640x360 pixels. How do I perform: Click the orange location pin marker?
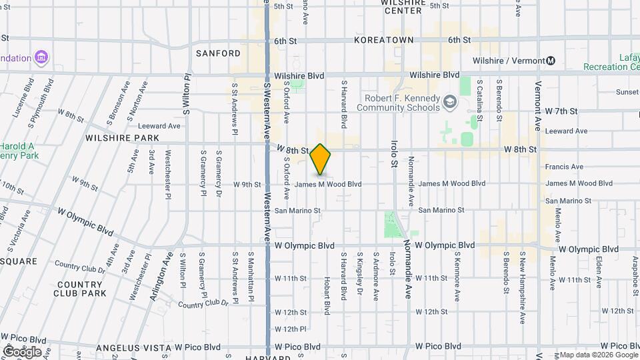click(321, 159)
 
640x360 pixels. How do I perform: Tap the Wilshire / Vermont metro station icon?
click(551, 61)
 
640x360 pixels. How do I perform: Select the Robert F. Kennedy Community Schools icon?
click(451, 102)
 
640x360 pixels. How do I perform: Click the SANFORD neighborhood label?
click(218, 53)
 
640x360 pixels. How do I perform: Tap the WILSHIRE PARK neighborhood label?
click(122, 138)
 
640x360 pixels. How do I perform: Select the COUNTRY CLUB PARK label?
click(85, 289)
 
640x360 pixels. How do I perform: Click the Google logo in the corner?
click(21, 351)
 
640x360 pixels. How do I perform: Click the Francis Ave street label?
click(564, 167)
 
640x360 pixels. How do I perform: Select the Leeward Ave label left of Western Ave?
click(159, 126)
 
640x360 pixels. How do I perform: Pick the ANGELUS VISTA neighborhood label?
click(133, 347)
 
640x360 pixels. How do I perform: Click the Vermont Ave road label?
click(537, 116)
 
